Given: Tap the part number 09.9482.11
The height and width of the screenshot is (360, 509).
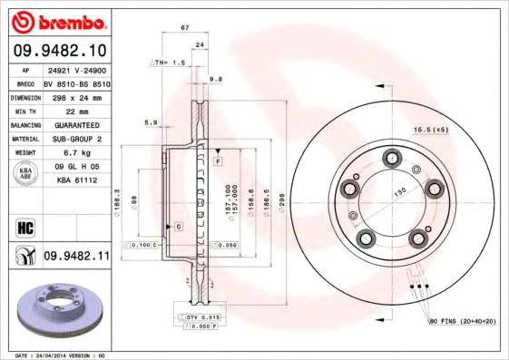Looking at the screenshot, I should (76, 258).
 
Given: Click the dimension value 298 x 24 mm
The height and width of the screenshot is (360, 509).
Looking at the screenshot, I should (75, 96).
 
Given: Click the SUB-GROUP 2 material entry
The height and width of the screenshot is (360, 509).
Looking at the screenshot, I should (75, 139).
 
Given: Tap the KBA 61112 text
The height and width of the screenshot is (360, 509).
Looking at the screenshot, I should (75, 180).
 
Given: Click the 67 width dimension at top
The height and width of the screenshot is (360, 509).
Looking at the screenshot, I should (185, 28).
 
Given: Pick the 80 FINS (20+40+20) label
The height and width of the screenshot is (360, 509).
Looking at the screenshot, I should (462, 322).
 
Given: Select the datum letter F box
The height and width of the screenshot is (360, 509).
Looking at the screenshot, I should (219, 161).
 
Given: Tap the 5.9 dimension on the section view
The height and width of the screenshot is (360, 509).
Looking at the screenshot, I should (151, 122).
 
